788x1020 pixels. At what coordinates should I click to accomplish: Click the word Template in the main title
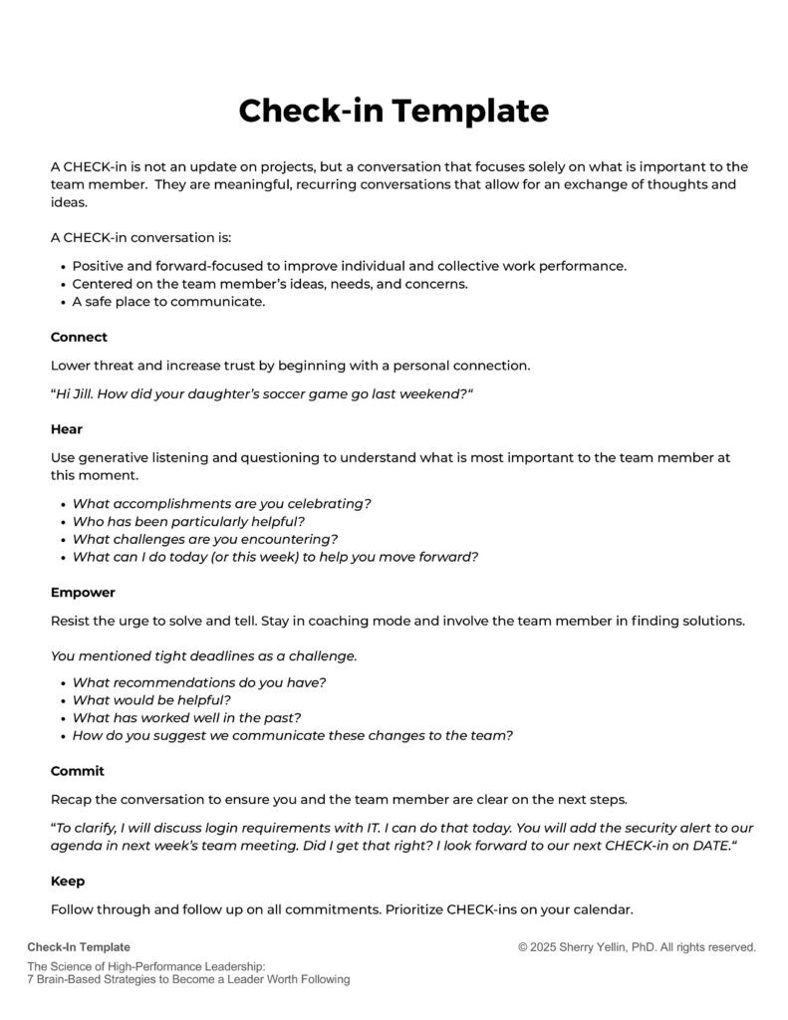tap(471, 111)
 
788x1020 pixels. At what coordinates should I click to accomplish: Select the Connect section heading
tap(79, 337)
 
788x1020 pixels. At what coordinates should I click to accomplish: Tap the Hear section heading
tap(67, 429)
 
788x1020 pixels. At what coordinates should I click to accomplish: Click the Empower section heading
tap(83, 593)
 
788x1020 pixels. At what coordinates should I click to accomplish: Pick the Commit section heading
tap(78, 771)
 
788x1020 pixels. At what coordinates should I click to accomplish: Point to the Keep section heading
tap(68, 882)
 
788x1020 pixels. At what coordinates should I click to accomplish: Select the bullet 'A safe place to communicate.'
tap(168, 302)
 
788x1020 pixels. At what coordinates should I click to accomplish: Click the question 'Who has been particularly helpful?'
tap(188, 521)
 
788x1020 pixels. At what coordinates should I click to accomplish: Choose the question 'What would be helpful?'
tap(151, 700)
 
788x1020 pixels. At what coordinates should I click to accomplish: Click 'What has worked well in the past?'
tap(186, 718)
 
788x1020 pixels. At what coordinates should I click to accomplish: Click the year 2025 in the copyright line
tap(548, 947)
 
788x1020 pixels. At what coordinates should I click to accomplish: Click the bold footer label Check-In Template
tap(79, 947)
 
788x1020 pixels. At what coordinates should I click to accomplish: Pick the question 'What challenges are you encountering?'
tap(205, 539)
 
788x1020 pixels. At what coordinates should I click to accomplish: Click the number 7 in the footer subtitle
tap(31, 979)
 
